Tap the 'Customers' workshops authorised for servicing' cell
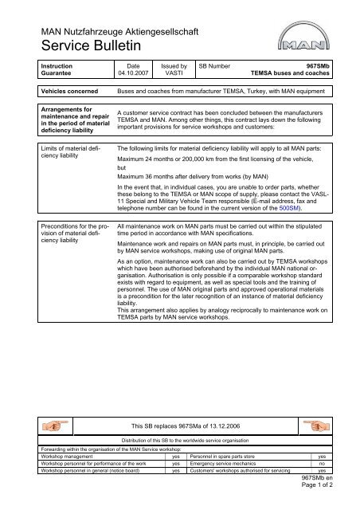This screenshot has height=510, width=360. (x=243, y=469)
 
